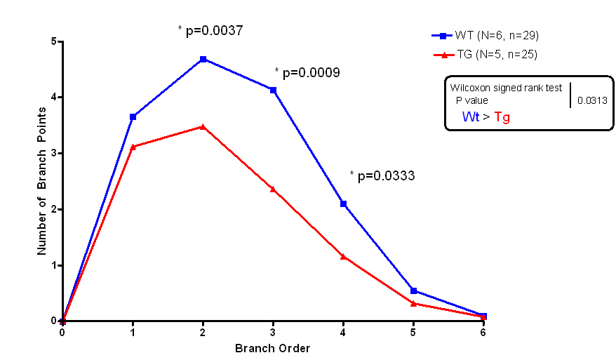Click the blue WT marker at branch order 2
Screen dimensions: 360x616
[x=203, y=59]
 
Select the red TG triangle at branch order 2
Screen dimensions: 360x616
[x=203, y=126]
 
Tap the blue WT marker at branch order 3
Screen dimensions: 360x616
[x=273, y=90]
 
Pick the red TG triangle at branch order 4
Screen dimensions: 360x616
[x=343, y=256]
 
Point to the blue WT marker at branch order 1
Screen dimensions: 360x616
[x=133, y=116]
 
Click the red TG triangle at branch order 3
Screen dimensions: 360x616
[x=273, y=189]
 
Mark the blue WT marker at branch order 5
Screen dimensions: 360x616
[x=413, y=291]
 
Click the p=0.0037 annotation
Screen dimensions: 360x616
[x=210, y=30]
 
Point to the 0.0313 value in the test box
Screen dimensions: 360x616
[x=591, y=100]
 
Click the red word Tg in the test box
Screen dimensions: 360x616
[x=502, y=116]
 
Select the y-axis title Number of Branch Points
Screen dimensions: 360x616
[x=41, y=175]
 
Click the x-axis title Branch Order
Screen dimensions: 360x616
[x=272, y=348]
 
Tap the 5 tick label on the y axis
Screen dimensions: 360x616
[x=53, y=41]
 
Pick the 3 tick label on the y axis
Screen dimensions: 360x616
[x=53, y=153]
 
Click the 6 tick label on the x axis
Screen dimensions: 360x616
[x=483, y=334]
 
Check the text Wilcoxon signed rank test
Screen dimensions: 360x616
[x=505, y=88]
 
